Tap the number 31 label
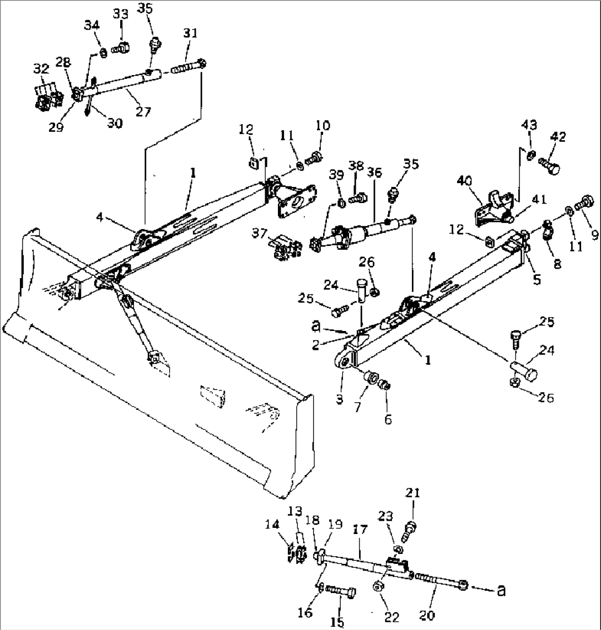[190, 33]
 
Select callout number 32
[40, 68]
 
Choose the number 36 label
[375, 173]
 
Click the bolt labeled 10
[315, 158]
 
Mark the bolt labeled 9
[583, 205]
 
